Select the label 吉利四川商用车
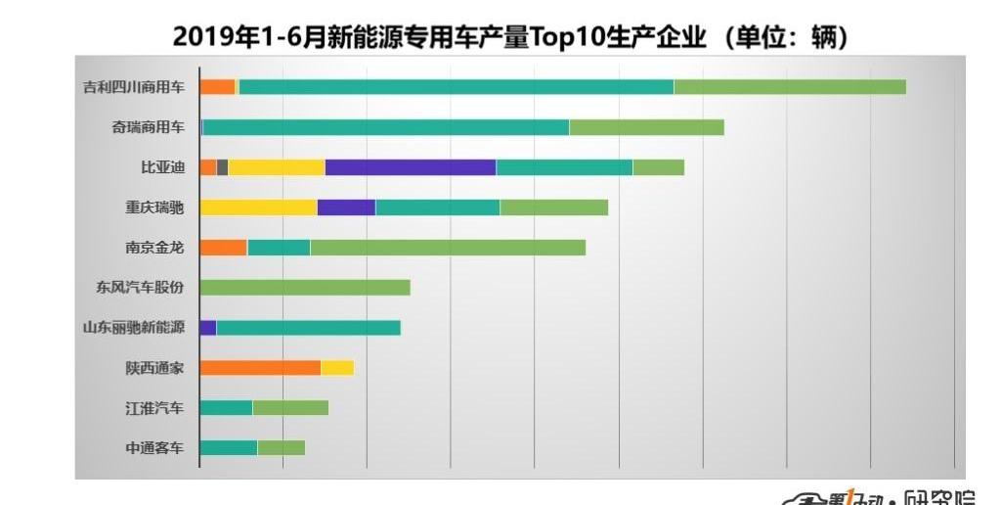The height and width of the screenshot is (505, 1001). (x=133, y=86)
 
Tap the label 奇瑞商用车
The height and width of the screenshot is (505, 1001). (x=147, y=126)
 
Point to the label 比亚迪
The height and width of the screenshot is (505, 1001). (x=162, y=166)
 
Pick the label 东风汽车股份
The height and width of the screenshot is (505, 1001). (x=140, y=288)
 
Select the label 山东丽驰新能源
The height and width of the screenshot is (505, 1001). (x=133, y=328)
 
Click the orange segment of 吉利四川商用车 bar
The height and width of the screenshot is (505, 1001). (x=217, y=86)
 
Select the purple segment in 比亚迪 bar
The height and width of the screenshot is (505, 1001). (x=411, y=166)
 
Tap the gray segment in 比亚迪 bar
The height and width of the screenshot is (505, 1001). (x=223, y=166)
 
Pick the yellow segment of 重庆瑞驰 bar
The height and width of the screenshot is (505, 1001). (x=258, y=207)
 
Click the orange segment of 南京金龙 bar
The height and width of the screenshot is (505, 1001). (x=223, y=248)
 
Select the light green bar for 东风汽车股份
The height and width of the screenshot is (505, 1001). (x=305, y=288)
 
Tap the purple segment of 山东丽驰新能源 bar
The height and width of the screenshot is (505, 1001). (x=207, y=328)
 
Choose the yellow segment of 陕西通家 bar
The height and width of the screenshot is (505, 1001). (x=337, y=368)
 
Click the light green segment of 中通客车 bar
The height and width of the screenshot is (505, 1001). (x=282, y=448)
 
